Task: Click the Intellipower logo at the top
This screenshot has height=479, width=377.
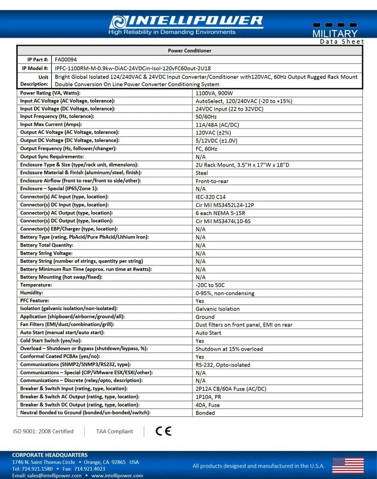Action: (x=186, y=22)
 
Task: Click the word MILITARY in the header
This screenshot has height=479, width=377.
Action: (x=335, y=34)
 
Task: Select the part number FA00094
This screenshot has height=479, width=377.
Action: (x=66, y=60)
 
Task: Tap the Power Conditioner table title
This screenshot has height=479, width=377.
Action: (x=189, y=51)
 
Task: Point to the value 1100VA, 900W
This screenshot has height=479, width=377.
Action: (x=214, y=93)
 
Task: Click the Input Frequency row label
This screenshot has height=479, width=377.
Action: (x=57, y=116)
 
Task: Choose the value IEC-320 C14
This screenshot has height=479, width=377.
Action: (x=211, y=197)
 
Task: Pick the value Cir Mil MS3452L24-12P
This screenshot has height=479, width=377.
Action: (x=225, y=205)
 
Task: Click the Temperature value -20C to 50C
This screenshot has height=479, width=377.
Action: (x=210, y=285)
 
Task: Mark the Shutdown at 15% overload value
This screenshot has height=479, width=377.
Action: (x=229, y=349)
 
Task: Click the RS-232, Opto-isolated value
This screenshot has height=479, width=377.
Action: (x=223, y=365)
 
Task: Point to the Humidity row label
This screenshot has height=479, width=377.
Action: (x=32, y=293)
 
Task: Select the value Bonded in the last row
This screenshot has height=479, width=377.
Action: (x=205, y=413)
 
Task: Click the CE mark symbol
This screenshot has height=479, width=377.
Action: (x=164, y=431)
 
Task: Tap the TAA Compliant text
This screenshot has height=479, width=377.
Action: (x=115, y=432)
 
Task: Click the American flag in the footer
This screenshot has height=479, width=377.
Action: (x=348, y=466)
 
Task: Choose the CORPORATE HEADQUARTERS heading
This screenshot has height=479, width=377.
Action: (x=50, y=455)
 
